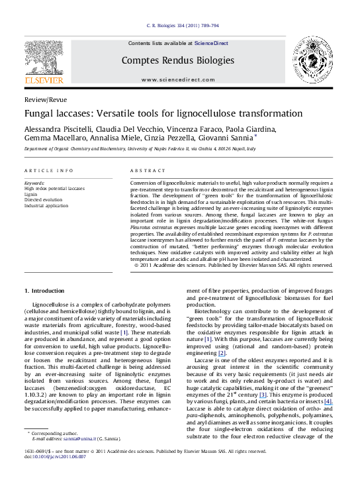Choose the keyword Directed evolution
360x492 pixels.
coord(43,199)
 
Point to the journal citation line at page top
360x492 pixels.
coord(179,26)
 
